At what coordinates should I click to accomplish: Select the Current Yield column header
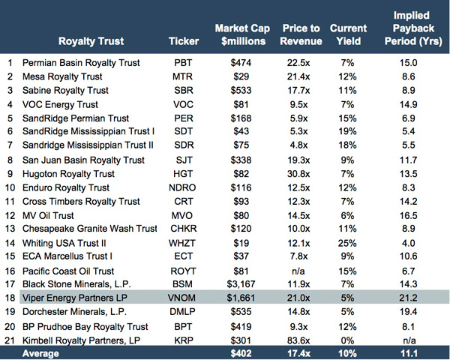[x=348, y=34]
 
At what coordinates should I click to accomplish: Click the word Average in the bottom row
[x=43, y=353]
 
